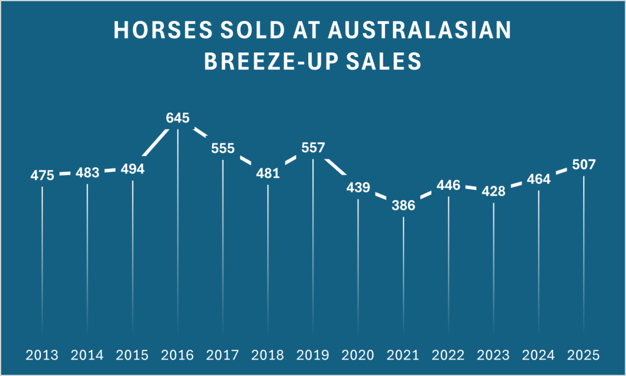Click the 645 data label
pos(177,118)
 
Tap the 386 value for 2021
pos(403,206)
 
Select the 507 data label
pos(584,165)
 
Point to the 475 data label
pos(43,176)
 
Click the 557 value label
pos(313,148)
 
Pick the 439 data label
pos(358,187)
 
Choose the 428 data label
pos(493,191)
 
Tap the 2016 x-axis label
pos(177,355)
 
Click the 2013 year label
pos(42,355)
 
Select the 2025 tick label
pos(584,355)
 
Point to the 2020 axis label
pos(358,355)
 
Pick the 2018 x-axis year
pos(268,355)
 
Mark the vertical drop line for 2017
pos(223,244)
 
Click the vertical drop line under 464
pos(539,256)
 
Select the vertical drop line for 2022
pos(449,256)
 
